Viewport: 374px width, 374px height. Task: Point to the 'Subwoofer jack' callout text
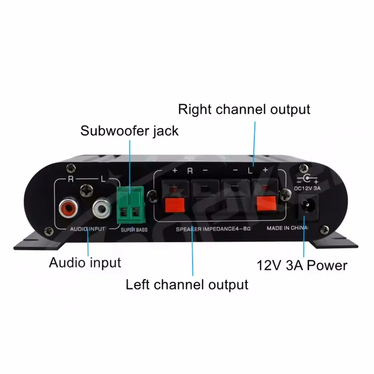129,131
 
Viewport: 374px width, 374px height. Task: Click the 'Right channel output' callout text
244,109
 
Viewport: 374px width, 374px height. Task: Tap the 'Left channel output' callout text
187,284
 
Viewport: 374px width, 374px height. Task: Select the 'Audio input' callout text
85,263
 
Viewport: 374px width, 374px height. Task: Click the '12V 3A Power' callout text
302,265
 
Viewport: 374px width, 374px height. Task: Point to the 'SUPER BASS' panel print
134,230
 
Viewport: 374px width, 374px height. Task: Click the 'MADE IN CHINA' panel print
288,228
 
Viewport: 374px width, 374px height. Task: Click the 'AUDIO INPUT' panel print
87,229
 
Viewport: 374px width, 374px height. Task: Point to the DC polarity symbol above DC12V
307,179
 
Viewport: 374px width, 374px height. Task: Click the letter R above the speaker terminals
190,171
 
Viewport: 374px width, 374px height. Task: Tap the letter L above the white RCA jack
103,180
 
